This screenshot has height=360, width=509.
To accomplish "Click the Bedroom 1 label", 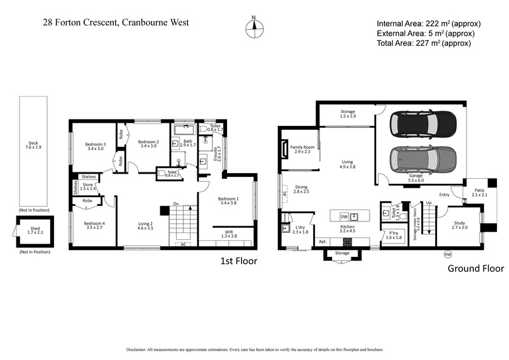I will tap(228, 199).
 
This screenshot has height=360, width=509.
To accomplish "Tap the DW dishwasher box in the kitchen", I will tap(344, 216).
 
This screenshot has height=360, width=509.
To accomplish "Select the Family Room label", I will tap(303, 148).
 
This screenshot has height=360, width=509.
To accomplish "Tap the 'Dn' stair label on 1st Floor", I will tap(175, 204).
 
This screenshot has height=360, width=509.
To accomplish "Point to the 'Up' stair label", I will tap(428, 203).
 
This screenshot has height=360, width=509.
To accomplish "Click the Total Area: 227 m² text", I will tap(423, 43).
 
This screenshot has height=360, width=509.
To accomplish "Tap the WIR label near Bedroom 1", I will tap(227, 232).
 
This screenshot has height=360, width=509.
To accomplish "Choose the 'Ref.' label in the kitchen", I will tap(323, 242).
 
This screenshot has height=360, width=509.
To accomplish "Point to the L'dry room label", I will tap(300, 228).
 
